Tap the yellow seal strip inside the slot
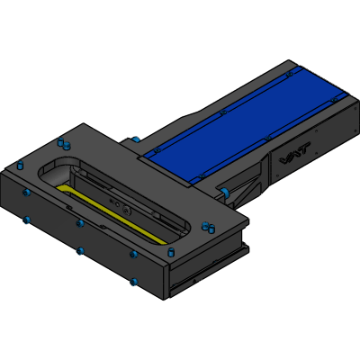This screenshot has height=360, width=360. pyautogui.click(x=111, y=213)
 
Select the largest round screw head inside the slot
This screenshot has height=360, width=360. pyautogui.click(x=127, y=211)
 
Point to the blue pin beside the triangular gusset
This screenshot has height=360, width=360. pyautogui.click(x=224, y=193)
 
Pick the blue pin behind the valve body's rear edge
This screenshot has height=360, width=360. pyautogui.click(x=135, y=139)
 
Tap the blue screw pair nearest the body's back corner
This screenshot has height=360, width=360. pyautogui.click(x=64, y=143)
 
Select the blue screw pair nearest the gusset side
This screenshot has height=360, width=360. pyautogui.click(x=208, y=227)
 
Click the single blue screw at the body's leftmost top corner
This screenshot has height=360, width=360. pyautogui.click(x=21, y=165)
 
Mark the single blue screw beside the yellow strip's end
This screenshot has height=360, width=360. pyautogui.click(x=171, y=252)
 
